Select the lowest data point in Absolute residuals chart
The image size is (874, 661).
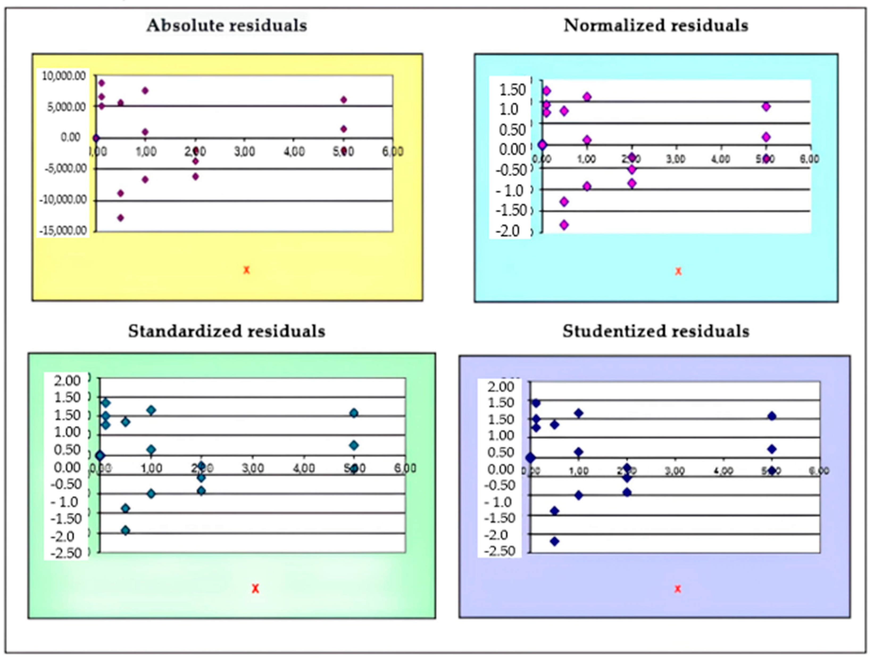[x=120, y=217]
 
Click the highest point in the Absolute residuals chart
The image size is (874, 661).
[x=102, y=83]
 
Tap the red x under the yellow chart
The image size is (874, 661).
[x=247, y=270]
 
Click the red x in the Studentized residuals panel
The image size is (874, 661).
[x=678, y=589]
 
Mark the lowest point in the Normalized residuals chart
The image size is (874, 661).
[x=564, y=225]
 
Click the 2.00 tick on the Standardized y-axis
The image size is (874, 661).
[x=67, y=380]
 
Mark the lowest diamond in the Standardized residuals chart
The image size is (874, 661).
[x=126, y=531]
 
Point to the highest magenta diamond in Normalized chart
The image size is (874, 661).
[x=546, y=91]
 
